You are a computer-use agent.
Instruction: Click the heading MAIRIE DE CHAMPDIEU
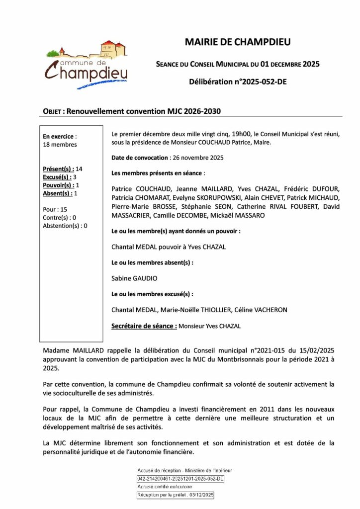(238, 42)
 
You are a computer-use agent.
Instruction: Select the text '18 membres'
(60, 144)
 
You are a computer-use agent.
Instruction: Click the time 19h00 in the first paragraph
(242, 134)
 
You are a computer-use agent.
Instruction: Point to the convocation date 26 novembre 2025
(197, 158)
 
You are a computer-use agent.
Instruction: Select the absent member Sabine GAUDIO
(133, 278)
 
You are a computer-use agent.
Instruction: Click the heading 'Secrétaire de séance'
(144, 326)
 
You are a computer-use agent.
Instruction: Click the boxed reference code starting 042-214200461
(180, 479)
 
